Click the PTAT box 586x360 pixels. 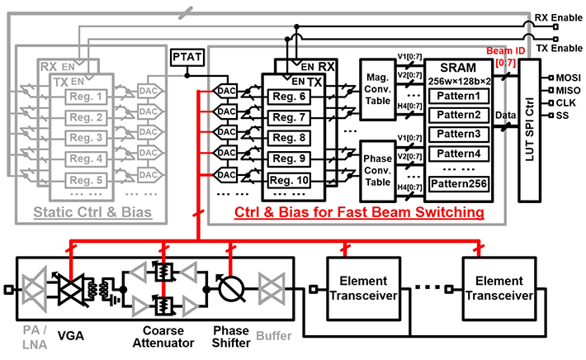(182, 58)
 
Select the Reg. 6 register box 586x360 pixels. (291, 97)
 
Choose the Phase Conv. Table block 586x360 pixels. (378, 163)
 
